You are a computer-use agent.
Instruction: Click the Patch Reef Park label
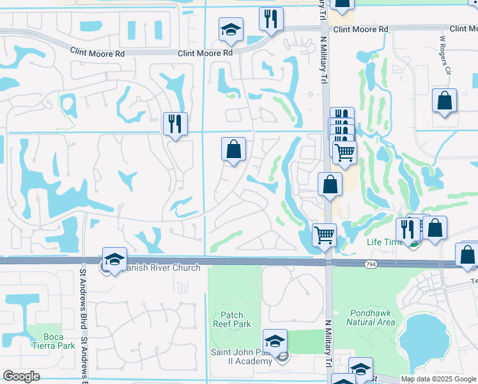231,319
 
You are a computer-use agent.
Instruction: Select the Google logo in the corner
21,376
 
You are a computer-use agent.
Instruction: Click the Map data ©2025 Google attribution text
438,379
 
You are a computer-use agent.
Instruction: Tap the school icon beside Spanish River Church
114,259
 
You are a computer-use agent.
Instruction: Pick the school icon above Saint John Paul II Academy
275,341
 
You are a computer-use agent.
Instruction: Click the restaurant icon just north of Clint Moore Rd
271,19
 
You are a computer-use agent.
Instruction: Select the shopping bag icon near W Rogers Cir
444,102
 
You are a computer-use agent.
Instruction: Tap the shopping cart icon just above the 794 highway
324,234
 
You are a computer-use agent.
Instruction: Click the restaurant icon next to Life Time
407,229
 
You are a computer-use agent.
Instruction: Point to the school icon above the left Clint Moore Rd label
231,29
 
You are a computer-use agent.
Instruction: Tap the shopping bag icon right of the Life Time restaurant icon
435,228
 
